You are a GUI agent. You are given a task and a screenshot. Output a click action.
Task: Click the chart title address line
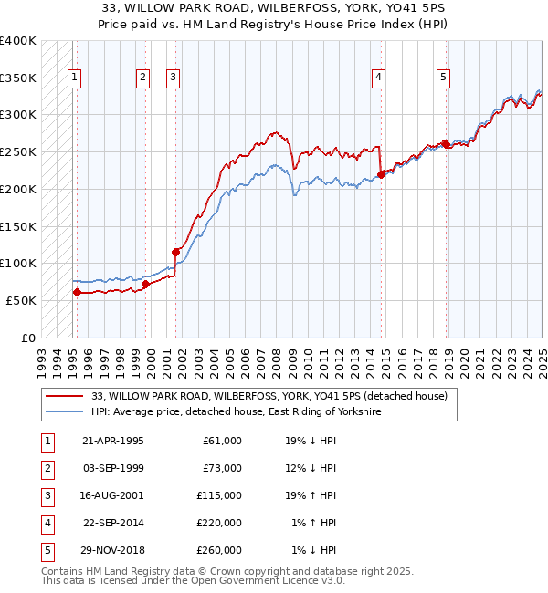tap(274, 8)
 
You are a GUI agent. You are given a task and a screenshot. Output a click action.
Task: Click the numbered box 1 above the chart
tap(73, 78)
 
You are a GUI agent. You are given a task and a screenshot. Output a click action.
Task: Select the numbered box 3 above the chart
tap(173, 78)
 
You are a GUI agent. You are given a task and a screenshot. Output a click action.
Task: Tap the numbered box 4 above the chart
tap(377, 78)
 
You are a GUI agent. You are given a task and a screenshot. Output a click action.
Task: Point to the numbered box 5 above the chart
tap(443, 78)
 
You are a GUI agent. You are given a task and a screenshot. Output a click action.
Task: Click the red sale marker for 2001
tap(175, 252)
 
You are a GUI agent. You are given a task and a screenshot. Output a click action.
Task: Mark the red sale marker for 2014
tap(382, 174)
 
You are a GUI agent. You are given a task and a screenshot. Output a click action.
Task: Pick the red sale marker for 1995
tap(77, 293)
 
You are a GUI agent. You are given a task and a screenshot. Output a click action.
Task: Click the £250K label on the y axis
tap(18, 151)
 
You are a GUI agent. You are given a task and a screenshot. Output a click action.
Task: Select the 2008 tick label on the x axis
tap(275, 357)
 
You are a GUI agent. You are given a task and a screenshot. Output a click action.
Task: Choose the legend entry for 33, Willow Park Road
tap(269, 396)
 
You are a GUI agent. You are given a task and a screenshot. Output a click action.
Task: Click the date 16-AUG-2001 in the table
tap(113, 495)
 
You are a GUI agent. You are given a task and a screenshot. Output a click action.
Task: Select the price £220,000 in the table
tap(220, 523)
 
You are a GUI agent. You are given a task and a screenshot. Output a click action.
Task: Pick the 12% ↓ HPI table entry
tap(316, 468)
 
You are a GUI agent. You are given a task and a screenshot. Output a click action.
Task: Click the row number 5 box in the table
tap(45, 550)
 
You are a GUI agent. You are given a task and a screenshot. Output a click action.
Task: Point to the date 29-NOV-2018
tap(113, 550)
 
